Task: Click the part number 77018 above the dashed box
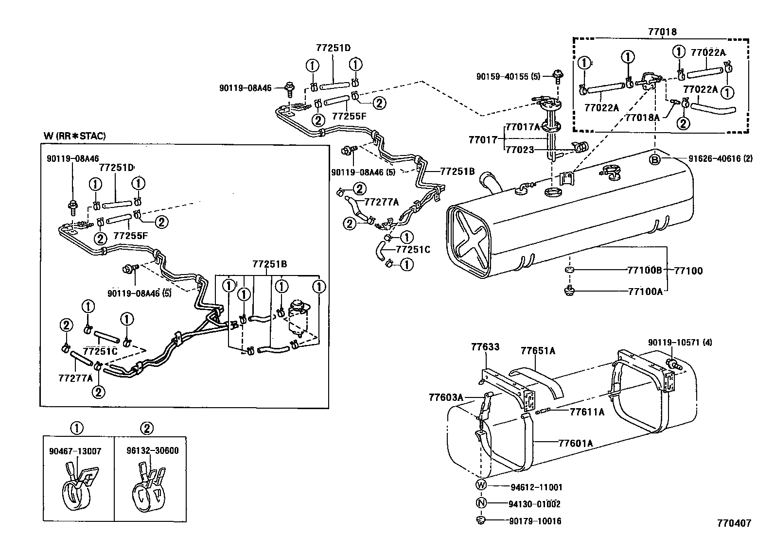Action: point(662,32)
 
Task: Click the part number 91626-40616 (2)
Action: point(721,158)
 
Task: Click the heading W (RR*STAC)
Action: point(74,136)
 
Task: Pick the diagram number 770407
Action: point(734,523)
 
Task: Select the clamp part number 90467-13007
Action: point(75,451)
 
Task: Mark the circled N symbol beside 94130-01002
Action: point(481,504)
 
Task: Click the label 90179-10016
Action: point(535,521)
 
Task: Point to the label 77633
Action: point(485,347)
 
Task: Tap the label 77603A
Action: point(446,397)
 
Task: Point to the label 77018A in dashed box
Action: point(642,117)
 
